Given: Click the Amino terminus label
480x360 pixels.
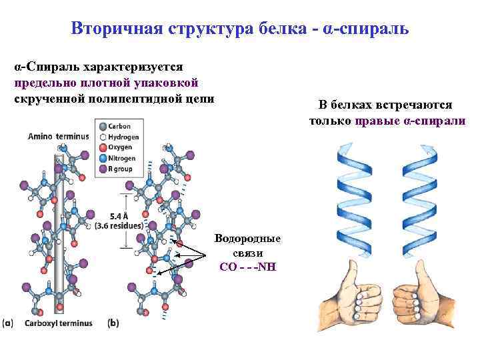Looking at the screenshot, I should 58,137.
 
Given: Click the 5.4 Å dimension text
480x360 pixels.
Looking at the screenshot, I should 119,215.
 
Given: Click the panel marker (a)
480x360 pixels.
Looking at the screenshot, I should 8,323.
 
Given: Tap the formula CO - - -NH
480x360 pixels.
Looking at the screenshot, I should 247,267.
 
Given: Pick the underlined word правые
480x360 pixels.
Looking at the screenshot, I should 378,121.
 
